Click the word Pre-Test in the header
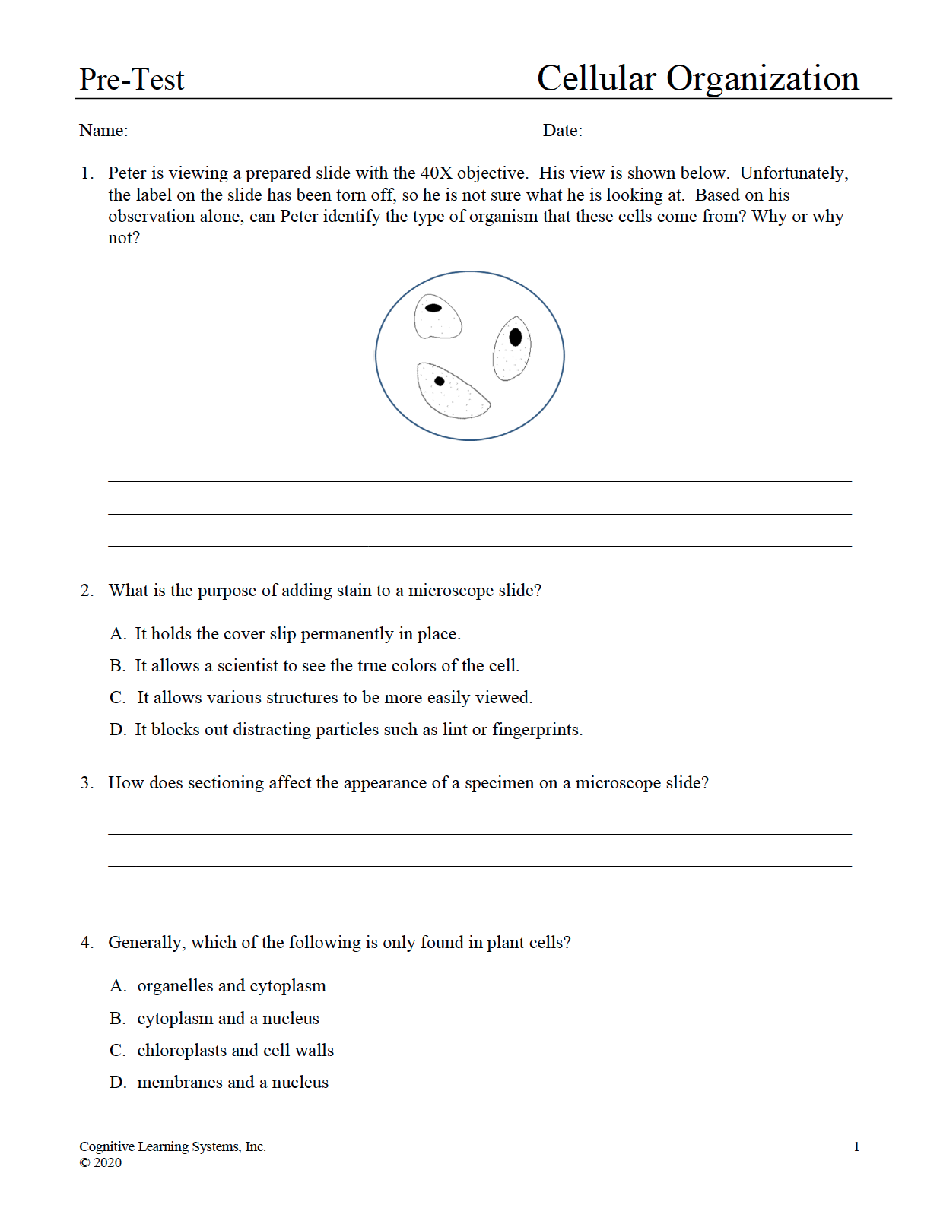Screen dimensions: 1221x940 pyautogui.click(x=132, y=80)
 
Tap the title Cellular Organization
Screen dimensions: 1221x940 pyautogui.click(x=697, y=78)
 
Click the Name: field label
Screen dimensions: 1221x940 pyautogui.click(x=103, y=131)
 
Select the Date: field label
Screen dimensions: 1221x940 pyautogui.click(x=562, y=131)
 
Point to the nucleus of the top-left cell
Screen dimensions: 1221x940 pyautogui.click(x=433, y=308)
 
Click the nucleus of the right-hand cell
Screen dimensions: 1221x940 pyautogui.click(x=516, y=337)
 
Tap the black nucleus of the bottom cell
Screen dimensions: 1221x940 pyautogui.click(x=440, y=381)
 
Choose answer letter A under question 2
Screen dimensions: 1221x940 pyautogui.click(x=117, y=634)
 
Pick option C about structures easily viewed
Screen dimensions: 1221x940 pyautogui.click(x=334, y=698)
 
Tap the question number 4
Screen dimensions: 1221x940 pyautogui.click(x=87, y=943)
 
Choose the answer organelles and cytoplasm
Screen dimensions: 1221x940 pyautogui.click(x=231, y=986)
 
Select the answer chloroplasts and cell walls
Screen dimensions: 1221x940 pyautogui.click(x=235, y=1051)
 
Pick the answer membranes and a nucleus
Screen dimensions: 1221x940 pyautogui.click(x=233, y=1083)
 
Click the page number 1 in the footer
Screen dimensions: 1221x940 pyautogui.click(x=856, y=1147)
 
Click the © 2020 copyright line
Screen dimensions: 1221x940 pyautogui.click(x=100, y=1162)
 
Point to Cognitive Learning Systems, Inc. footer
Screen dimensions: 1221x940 pyautogui.click(x=173, y=1146)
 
